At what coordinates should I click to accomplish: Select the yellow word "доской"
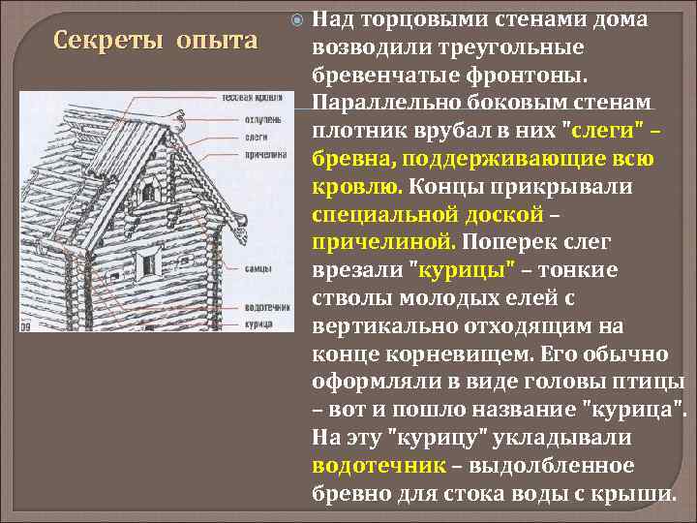[x=514, y=213]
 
